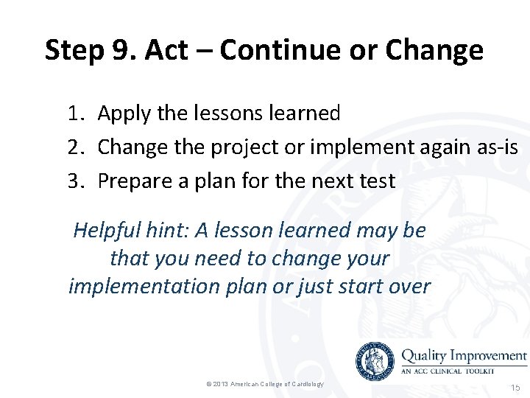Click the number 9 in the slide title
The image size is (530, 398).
pyautogui.click(x=122, y=50)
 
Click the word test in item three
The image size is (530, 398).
pyautogui.click(x=377, y=181)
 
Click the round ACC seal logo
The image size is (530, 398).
pyautogui.click(x=375, y=362)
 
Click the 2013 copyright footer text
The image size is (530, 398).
pyautogui.click(x=265, y=384)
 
